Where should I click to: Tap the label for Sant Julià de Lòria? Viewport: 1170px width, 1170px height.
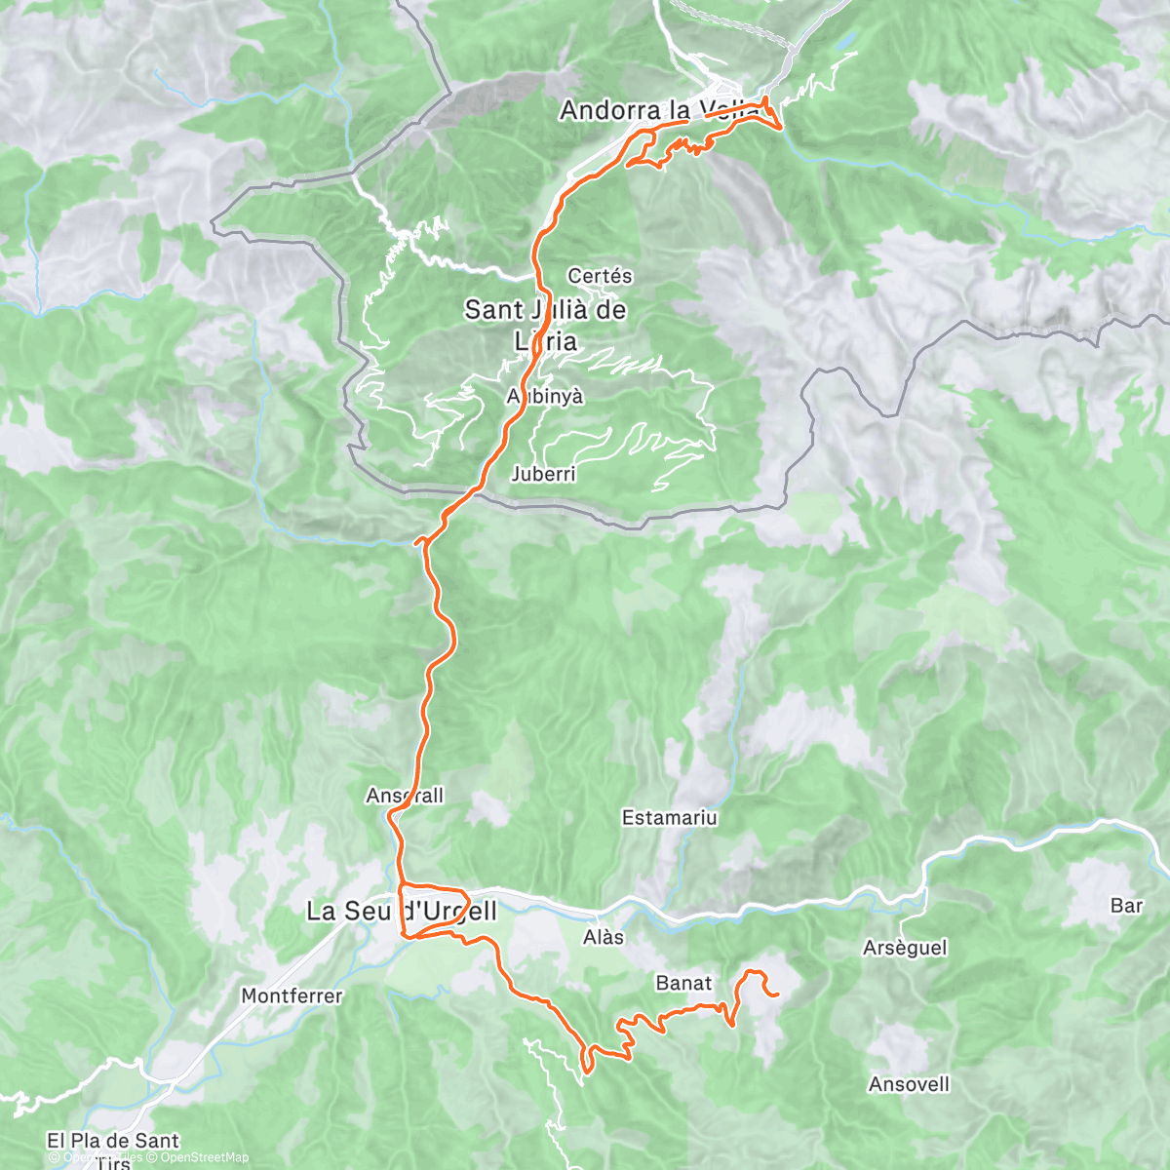[x=545, y=326]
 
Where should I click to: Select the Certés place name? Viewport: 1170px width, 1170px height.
[x=600, y=276]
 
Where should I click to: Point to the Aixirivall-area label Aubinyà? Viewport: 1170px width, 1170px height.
[x=545, y=397]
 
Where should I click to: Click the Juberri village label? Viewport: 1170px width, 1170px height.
[x=543, y=475]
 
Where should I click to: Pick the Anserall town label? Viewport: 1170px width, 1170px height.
[x=405, y=796]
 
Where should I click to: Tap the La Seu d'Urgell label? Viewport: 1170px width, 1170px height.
[x=402, y=912]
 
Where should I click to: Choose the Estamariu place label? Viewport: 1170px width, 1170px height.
[x=669, y=818]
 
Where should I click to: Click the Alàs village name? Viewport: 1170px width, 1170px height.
[x=603, y=937]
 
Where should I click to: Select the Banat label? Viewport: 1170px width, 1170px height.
[x=683, y=984]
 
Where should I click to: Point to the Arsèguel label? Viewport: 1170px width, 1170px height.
[x=905, y=948]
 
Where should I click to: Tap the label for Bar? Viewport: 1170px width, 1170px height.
[x=1126, y=906]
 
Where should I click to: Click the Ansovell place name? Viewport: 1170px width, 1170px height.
[x=909, y=1084]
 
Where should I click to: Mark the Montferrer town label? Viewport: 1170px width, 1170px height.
[x=292, y=996]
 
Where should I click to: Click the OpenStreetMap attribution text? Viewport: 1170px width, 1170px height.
[x=204, y=1157]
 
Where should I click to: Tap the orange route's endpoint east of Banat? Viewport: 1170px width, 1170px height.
[x=777, y=995]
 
